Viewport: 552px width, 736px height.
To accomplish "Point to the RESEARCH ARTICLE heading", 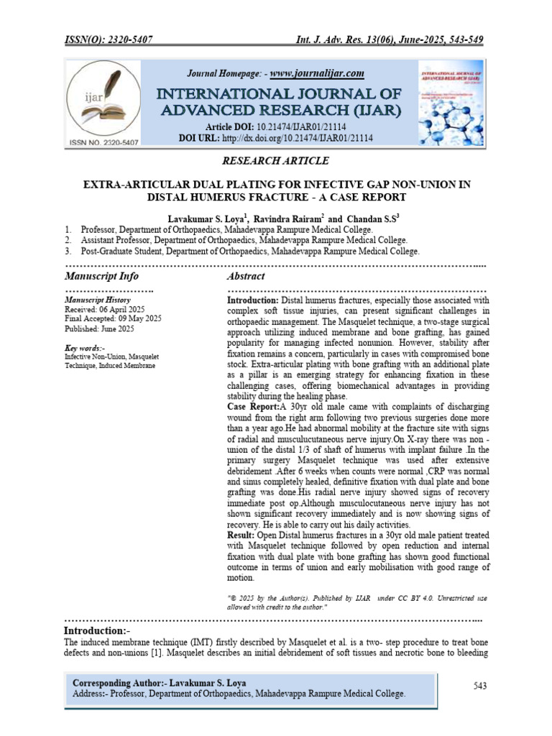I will coord(277,161).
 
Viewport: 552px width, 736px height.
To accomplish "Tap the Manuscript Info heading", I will coord(101,277).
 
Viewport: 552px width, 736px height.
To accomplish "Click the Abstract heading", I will coord(246,277).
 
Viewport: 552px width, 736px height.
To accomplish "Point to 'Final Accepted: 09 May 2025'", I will coord(113,319).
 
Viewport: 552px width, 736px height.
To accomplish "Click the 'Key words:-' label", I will coord(85,349).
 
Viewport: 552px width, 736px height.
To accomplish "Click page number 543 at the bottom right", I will coord(481,686).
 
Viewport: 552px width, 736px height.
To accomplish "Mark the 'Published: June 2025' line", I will coord(99,329).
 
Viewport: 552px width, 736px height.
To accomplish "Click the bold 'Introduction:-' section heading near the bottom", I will coord(97,630).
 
